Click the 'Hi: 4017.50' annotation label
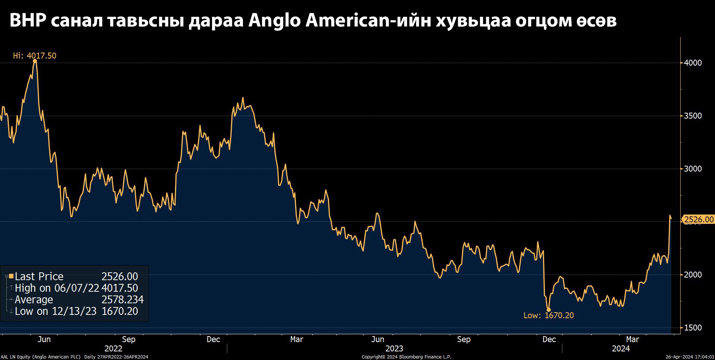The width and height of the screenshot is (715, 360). (34, 56)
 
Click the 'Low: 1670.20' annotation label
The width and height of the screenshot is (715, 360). (548, 315)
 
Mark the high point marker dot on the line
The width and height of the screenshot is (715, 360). (35, 61)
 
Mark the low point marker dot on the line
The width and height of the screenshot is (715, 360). (549, 310)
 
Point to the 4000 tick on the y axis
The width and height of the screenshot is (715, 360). (693, 63)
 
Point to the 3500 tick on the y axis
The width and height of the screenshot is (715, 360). (693, 116)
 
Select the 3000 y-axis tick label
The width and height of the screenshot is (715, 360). (693, 169)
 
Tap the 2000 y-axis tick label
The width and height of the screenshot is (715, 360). (693, 275)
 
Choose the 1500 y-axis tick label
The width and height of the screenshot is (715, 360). (693, 328)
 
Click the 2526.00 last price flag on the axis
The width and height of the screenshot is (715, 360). (699, 219)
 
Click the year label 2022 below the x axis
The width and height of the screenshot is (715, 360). (113, 348)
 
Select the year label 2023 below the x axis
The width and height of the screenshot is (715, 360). (394, 348)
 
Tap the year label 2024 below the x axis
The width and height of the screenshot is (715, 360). (621, 348)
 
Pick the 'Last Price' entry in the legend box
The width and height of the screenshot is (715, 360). (39, 276)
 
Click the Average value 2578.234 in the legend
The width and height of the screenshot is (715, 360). (122, 300)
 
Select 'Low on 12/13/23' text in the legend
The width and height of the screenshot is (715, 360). (55, 311)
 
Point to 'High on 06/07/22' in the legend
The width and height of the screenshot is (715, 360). (57, 288)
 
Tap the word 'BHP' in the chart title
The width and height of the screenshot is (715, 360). (28, 20)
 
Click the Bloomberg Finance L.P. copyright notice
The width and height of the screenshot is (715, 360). (406, 357)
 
